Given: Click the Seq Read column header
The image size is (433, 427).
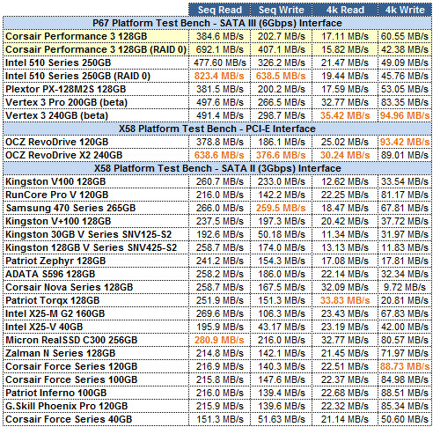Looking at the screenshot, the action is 220,10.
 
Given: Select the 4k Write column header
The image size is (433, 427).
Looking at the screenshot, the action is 405,10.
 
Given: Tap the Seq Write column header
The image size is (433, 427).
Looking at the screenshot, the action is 281,10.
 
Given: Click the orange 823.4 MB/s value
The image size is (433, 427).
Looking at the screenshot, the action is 219,76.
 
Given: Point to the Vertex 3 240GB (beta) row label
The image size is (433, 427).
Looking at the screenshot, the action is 56,115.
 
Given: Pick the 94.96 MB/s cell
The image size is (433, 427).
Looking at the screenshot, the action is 405,115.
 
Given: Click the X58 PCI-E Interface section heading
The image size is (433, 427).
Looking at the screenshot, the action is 217,129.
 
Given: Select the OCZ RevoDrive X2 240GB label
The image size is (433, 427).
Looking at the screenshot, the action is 63,155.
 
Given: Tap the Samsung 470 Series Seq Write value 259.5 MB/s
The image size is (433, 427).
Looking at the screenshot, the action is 281,208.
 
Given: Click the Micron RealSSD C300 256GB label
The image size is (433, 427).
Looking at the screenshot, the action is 71,340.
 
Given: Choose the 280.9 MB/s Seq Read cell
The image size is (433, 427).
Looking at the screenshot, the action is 219,340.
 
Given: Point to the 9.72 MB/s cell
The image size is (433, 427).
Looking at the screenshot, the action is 405,287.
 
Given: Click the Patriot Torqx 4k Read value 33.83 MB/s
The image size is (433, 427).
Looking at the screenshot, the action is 345,300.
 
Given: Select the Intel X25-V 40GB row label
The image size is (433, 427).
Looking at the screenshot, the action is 44,327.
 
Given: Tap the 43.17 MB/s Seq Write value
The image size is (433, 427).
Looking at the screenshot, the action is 282,327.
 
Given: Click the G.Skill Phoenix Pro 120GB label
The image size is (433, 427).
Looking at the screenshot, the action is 67,406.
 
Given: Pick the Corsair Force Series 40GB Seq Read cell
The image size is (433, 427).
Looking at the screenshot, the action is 220,419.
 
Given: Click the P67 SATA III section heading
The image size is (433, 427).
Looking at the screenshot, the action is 217,23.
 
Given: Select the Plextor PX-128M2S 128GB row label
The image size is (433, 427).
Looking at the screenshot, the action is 65,89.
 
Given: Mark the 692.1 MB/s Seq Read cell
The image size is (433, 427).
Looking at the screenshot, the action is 220,49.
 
